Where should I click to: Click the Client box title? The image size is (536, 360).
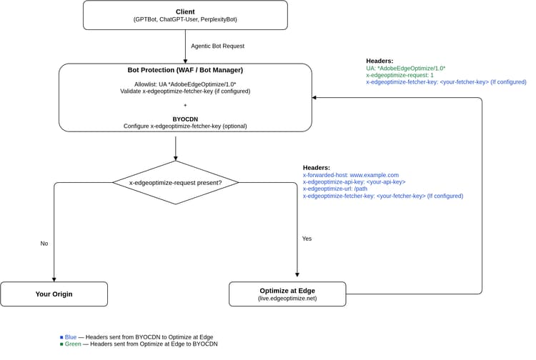[x=185, y=11]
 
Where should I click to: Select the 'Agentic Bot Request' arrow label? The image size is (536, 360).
[x=217, y=46]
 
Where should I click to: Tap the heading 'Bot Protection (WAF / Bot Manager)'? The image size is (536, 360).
[x=185, y=70]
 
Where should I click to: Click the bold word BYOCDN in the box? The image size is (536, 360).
[x=185, y=119]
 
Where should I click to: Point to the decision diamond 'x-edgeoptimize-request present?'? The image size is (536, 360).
[x=175, y=183]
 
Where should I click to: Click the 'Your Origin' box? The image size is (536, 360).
[x=54, y=294]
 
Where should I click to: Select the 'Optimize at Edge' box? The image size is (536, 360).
[x=287, y=294]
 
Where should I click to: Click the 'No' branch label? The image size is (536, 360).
[x=44, y=244]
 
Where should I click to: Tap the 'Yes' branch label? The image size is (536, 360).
[x=307, y=239]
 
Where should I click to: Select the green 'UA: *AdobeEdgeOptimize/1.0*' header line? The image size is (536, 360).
[x=405, y=68]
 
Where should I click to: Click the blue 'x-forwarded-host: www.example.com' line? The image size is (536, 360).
[x=350, y=174]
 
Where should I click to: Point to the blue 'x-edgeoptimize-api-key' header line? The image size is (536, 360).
[x=354, y=181]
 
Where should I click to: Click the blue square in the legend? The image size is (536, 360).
[x=62, y=336]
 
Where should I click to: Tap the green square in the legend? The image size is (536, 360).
[x=62, y=344]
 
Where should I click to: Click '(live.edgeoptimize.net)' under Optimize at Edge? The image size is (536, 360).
[x=287, y=298]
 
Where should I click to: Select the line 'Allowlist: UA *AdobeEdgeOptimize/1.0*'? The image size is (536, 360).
[x=185, y=84]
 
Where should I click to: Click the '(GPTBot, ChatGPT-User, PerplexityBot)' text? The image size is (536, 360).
[x=185, y=19]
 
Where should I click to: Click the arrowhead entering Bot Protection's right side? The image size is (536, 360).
[x=315, y=98]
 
